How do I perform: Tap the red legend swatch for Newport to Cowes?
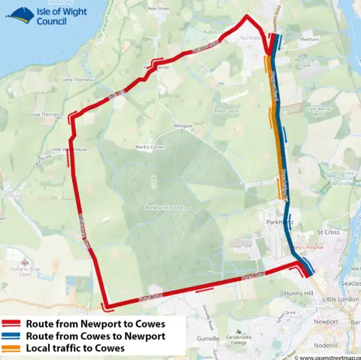click(12, 322)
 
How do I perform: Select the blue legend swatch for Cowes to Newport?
click(12, 336)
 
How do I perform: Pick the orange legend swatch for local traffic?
click(12, 349)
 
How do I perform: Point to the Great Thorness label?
click(44, 114)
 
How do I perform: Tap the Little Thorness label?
click(78, 79)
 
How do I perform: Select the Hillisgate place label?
click(183, 126)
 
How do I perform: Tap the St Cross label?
click(331, 232)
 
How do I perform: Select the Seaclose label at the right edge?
click(350, 283)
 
